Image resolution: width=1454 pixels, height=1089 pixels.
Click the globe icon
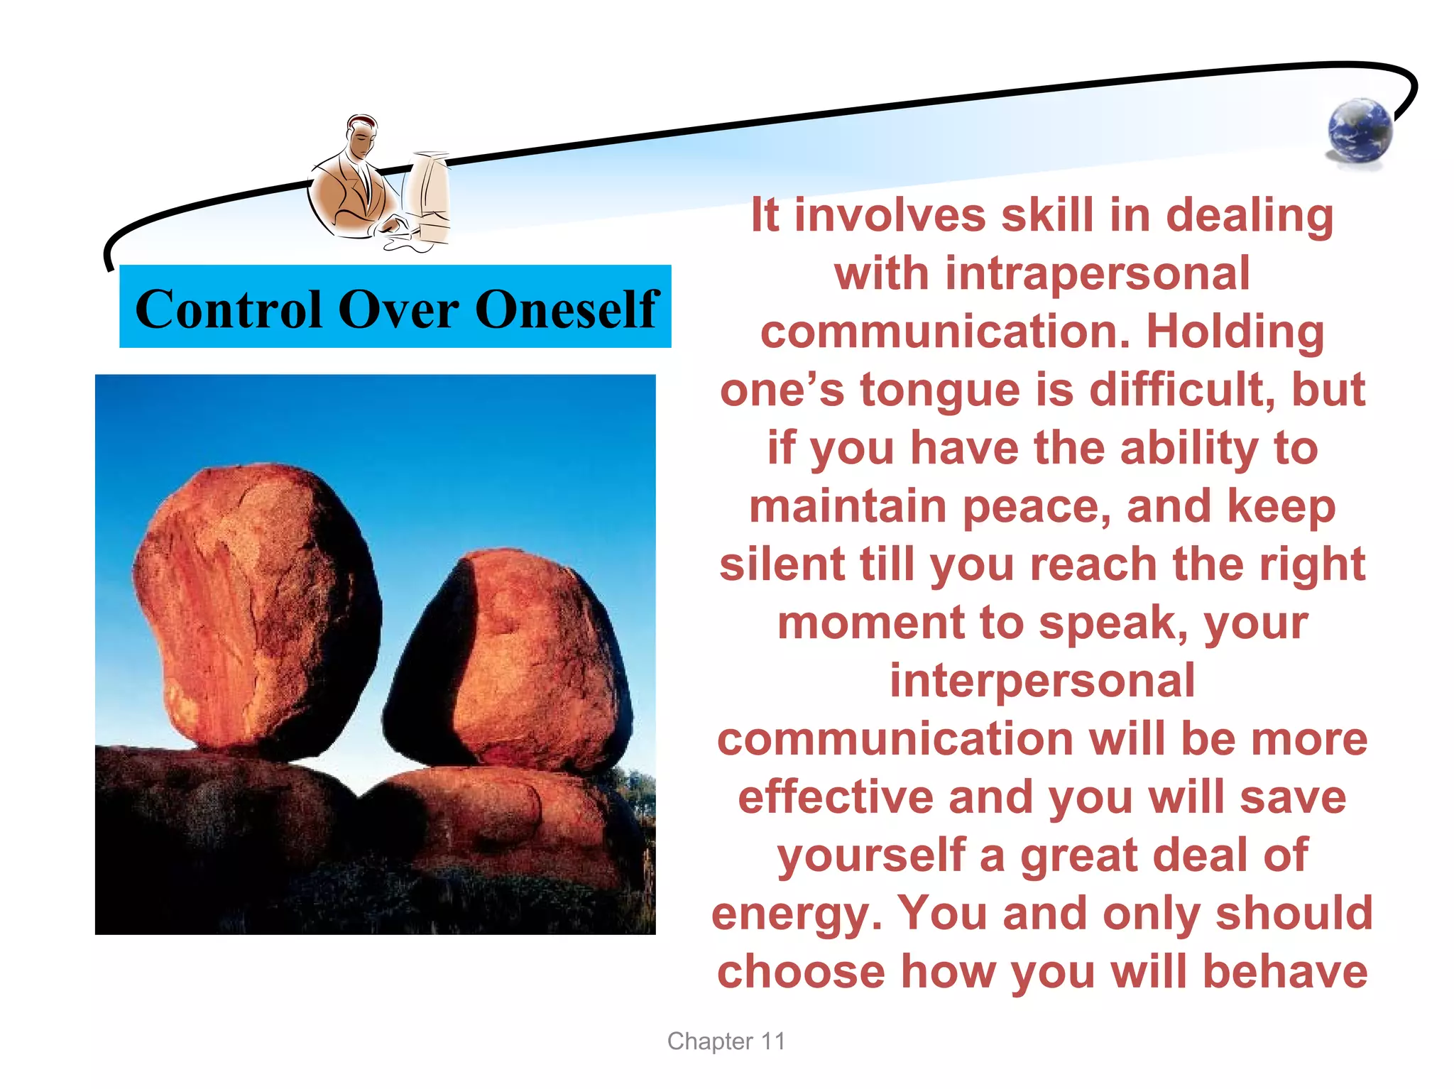click(x=1360, y=132)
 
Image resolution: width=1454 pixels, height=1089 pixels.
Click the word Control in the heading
click(x=229, y=310)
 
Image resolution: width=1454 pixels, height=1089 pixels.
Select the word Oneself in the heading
click(x=567, y=310)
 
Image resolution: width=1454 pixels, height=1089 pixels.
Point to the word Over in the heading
click(x=398, y=310)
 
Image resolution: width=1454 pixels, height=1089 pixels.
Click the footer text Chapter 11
click(x=726, y=1041)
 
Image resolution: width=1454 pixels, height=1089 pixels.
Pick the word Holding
click(x=1235, y=332)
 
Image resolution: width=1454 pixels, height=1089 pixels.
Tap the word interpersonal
click(x=1042, y=681)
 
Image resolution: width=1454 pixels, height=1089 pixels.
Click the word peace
click(x=1036, y=507)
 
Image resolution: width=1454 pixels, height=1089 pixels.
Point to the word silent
click(x=782, y=565)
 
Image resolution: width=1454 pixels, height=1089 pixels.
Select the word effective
click(x=836, y=797)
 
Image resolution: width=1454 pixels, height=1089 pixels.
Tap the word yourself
click(x=871, y=855)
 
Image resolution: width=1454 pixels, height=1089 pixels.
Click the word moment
click(x=870, y=623)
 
